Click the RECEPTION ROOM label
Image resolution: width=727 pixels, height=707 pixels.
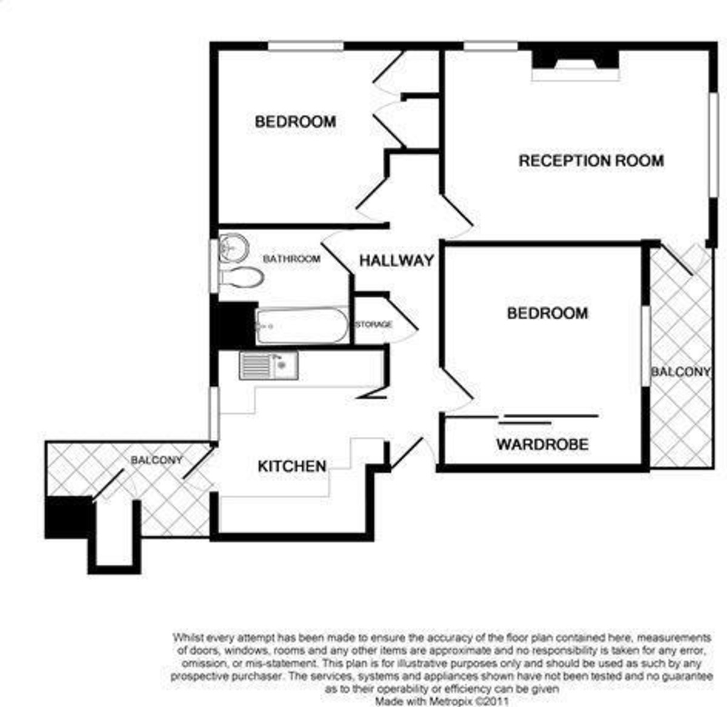[591, 161]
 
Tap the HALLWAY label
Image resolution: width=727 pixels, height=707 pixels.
[397, 261]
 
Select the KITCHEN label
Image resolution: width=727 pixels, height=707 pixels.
[292, 466]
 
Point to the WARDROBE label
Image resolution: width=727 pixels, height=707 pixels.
[542, 444]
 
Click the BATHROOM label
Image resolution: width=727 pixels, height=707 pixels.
[291, 259]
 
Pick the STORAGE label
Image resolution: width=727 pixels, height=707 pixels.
[374, 325]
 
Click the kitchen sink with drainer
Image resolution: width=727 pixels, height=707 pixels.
[268, 365]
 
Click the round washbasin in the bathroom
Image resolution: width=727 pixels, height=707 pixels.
[233, 248]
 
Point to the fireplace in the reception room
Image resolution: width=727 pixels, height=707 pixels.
[576, 64]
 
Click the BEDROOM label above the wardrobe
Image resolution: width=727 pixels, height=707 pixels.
[547, 313]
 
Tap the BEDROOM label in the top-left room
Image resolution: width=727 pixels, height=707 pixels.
[295, 122]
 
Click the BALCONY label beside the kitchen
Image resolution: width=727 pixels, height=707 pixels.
[156, 460]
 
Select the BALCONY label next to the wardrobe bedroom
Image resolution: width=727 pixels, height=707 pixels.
[680, 371]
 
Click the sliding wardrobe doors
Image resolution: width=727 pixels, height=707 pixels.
[548, 417]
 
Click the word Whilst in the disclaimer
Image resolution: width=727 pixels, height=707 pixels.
[188, 637]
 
